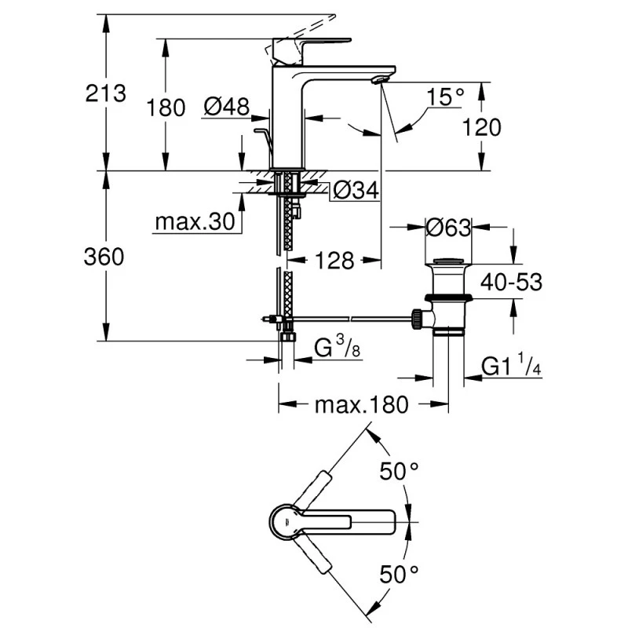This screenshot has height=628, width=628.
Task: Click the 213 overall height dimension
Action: pos(106,93)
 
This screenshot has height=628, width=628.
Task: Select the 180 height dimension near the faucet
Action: pos(166,107)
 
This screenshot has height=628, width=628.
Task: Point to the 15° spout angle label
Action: pos(446,97)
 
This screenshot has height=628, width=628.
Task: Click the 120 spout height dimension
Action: pos(481,126)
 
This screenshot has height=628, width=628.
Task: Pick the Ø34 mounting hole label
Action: pos(355,190)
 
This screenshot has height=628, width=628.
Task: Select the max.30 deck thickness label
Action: pos(194,222)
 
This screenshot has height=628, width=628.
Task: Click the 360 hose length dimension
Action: pos(104,257)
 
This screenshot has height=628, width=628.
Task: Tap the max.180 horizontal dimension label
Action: pos(361,404)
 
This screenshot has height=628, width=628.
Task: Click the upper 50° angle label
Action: pos(399,472)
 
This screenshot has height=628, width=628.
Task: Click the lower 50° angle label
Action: pos(399,574)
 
